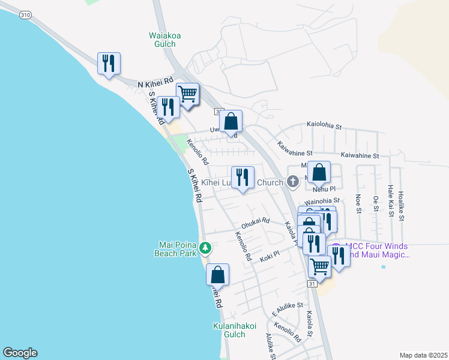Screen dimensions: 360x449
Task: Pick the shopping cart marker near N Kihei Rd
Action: click(188, 95)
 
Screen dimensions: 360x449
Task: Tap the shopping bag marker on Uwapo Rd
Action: click(231, 122)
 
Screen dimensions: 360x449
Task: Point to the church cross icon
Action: click(293, 181)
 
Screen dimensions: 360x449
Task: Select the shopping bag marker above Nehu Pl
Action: click(319, 173)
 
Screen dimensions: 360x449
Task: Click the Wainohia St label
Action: click(322, 200)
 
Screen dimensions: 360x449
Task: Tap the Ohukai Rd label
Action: click(255, 223)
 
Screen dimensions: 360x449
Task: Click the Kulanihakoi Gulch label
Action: click(235, 330)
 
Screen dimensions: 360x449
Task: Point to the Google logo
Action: click(19, 353)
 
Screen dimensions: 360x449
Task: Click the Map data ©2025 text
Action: click(424, 355)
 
